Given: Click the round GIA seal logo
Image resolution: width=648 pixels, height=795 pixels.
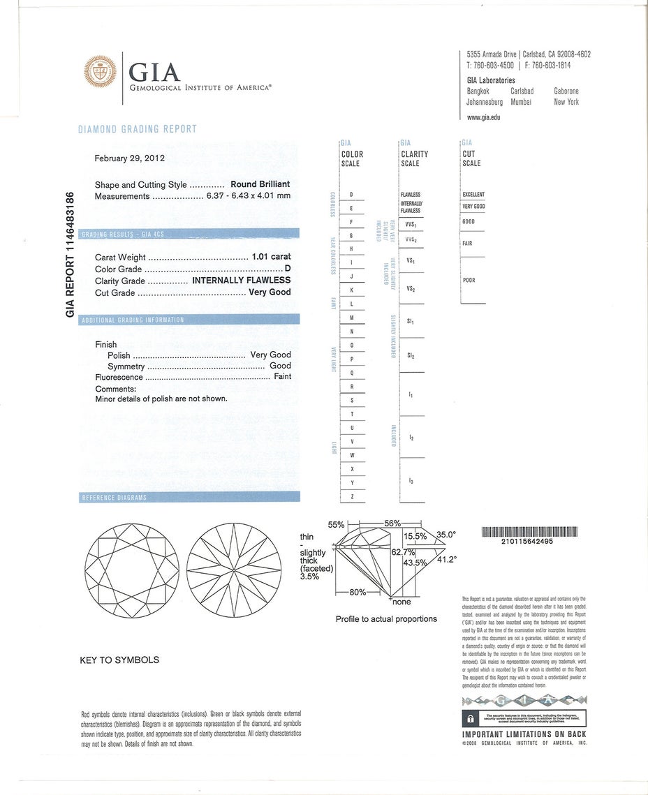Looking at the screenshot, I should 101,71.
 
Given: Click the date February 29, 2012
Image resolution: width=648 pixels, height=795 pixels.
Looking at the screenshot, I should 129,158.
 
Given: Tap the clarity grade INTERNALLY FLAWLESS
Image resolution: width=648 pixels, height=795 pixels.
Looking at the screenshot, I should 242,281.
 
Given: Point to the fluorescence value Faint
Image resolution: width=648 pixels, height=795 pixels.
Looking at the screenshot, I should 283,377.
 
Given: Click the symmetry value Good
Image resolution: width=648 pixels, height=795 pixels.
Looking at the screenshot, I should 281,366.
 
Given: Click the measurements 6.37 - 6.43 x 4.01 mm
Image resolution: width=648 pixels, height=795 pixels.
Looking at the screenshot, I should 248,196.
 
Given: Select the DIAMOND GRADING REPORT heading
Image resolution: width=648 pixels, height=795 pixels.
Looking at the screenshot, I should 137,129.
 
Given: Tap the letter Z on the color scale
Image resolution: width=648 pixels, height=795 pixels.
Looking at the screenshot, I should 351,497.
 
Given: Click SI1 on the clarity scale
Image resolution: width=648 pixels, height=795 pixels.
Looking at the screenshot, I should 411,322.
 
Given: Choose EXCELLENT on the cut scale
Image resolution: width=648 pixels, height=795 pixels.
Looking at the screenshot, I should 473,195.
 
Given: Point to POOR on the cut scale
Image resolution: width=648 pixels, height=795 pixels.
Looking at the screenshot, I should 469,281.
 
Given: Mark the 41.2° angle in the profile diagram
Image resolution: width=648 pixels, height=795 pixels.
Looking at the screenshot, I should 446,560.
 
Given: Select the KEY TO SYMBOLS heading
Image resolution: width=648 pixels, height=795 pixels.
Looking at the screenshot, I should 119,660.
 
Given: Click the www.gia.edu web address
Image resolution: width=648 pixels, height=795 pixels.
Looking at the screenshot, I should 483,117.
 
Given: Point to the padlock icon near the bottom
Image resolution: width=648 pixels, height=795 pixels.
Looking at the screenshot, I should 471,718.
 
